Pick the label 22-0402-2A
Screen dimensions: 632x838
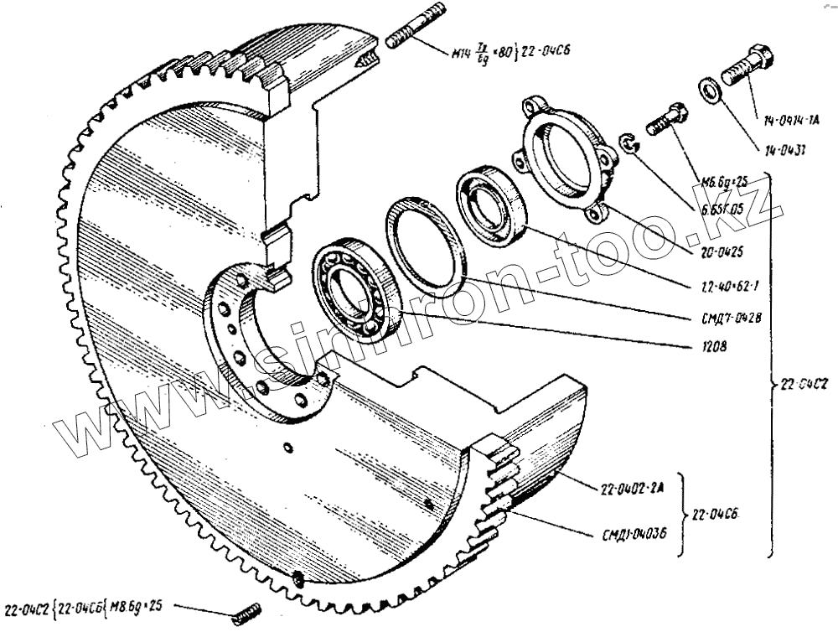click(x=629, y=490)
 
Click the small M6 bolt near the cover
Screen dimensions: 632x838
click(x=668, y=118)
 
